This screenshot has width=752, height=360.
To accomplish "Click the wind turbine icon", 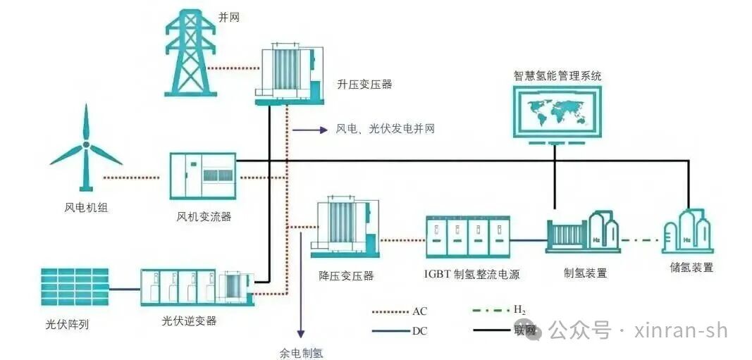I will (x=85, y=148).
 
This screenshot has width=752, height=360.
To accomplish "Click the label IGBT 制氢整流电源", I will (x=472, y=274).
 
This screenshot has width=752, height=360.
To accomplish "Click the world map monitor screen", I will (x=558, y=112).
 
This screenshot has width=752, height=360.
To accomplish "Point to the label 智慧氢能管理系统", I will (x=558, y=76).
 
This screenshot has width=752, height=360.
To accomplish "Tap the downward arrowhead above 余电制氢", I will (x=301, y=333).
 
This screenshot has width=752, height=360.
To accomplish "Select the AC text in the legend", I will (x=419, y=311).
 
